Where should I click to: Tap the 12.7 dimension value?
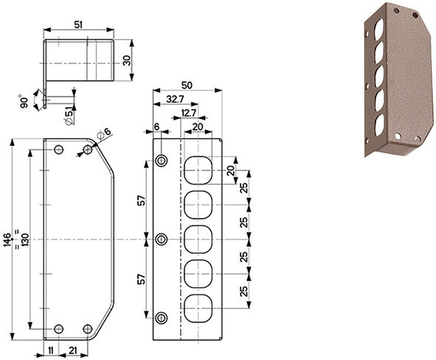tap(187, 112)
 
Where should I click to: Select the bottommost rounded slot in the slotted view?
tap(197, 308)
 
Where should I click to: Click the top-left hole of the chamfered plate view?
tap(59, 150)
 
